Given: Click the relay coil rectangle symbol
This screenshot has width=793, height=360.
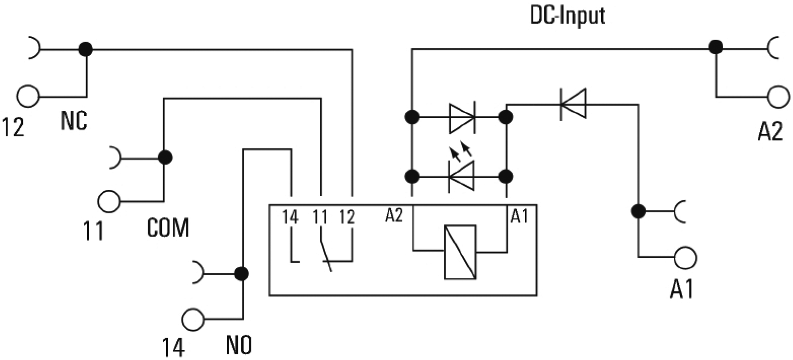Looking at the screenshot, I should point(460,252).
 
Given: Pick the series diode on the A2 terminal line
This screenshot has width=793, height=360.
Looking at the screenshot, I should point(572,104).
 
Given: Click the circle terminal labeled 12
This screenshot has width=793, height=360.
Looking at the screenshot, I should point(28,96).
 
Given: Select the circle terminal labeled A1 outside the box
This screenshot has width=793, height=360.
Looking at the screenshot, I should point(685,256).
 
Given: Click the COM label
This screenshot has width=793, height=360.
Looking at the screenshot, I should point(168,228).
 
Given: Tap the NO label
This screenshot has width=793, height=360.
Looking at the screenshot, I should point(239,345).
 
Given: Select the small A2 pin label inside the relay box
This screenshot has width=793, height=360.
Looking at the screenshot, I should point(394,215).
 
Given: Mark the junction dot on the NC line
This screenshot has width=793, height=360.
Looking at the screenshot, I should point(85,50).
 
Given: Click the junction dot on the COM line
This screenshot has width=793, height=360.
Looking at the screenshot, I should point(165,156).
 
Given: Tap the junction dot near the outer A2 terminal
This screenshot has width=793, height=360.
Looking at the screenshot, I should point(717,47).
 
